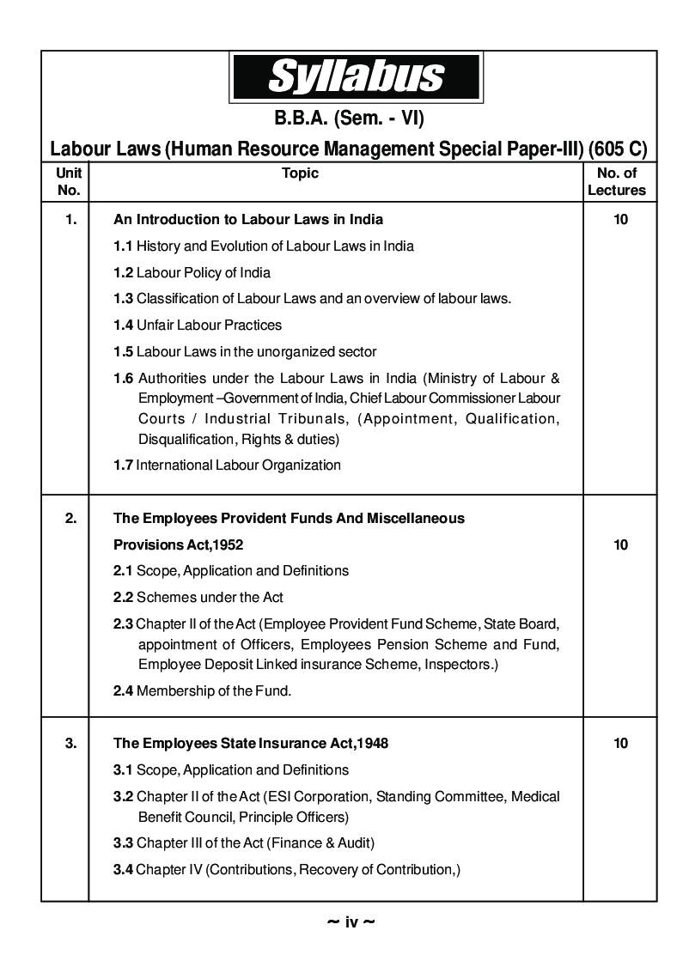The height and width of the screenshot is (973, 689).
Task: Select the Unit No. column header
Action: (69, 182)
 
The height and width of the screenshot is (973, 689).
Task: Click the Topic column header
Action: (300, 173)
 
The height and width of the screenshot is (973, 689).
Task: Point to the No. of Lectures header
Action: (617, 182)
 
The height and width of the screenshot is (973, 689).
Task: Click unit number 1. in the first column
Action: (70, 219)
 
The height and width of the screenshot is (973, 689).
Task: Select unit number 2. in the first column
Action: (70, 518)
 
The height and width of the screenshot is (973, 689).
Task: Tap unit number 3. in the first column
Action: (70, 743)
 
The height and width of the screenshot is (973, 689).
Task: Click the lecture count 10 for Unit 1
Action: (620, 219)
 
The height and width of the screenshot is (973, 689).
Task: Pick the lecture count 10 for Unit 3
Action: (620, 743)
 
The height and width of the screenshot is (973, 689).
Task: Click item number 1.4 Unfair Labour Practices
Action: (198, 325)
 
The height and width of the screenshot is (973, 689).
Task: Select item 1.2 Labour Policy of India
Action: (192, 273)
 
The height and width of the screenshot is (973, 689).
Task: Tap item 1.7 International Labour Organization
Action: (227, 465)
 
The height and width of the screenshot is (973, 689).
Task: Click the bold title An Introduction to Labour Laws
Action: (248, 219)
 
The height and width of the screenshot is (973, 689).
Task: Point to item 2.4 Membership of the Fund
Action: (202, 690)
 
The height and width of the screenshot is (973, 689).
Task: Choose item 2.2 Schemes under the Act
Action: (198, 597)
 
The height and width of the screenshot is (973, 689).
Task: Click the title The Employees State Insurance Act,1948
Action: (251, 743)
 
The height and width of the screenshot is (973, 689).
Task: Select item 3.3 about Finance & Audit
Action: (243, 842)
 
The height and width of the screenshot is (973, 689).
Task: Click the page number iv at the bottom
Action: (351, 923)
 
